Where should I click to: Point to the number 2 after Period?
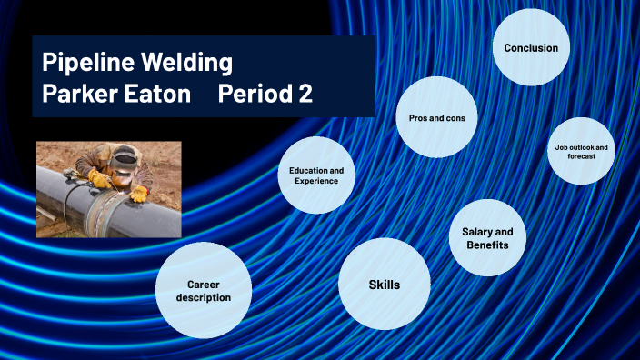[x=305, y=95]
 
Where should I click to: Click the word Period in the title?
[x=256, y=95]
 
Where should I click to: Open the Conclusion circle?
[x=531, y=48]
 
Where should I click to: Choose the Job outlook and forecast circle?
[x=582, y=151]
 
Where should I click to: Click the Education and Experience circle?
[x=316, y=175]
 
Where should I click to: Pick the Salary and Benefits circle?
[x=487, y=238]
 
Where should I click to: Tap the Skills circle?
[x=384, y=285]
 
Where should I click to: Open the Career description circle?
[x=204, y=290]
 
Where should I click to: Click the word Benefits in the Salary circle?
[x=487, y=245]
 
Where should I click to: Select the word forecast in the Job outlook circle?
[x=582, y=156]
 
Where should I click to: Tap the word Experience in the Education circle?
[x=316, y=181]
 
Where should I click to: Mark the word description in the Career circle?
[x=204, y=297]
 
